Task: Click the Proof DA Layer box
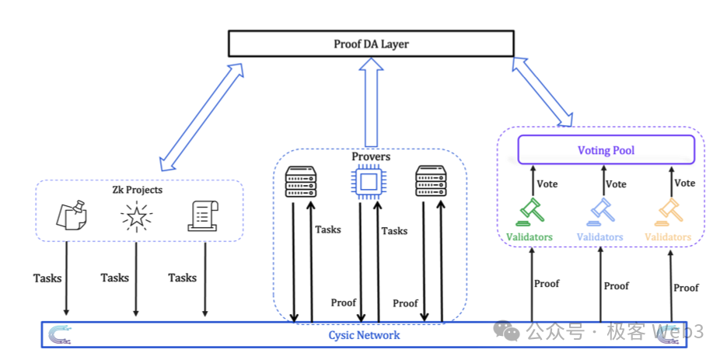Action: pyautogui.click(x=371, y=44)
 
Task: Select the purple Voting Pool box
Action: pyautogui.click(x=606, y=150)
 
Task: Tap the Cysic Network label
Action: pyautogui.click(x=364, y=335)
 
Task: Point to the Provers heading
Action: pyautogui.click(x=371, y=157)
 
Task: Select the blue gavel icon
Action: pyautogui.click(x=599, y=211)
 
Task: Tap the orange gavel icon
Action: pyautogui.click(x=669, y=211)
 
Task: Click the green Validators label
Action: pyautogui.click(x=529, y=236)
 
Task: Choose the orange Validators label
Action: pyautogui.click(x=668, y=236)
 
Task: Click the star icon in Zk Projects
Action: pyautogui.click(x=137, y=217)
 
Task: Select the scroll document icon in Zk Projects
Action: pyautogui.click(x=202, y=216)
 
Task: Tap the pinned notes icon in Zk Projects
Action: pyautogui.click(x=72, y=216)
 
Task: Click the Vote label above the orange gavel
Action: pyautogui.click(x=685, y=183)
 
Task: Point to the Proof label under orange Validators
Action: pyautogui.click(x=686, y=288)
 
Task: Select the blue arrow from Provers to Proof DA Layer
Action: pyautogui.click(x=371, y=102)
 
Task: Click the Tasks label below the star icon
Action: pyautogui.click(x=115, y=278)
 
